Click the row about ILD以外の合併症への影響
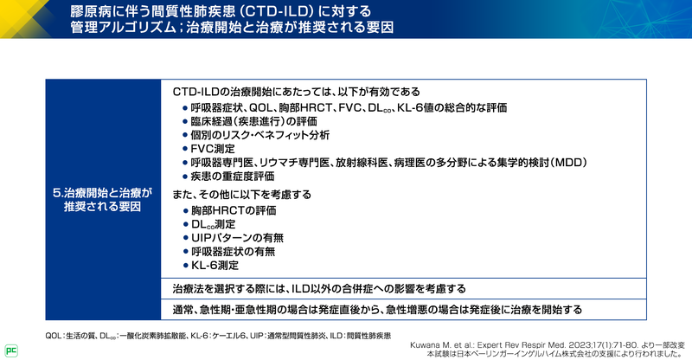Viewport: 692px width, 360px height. [319, 287]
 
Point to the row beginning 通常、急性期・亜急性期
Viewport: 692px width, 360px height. [377, 309]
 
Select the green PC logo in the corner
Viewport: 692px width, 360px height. [11, 350]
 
